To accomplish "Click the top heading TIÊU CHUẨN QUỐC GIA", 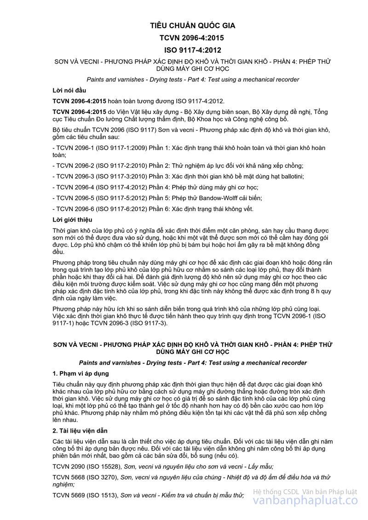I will pos(193,26).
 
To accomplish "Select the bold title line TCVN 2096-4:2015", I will pos(193,38).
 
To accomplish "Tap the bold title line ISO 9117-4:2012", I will pos(193,50).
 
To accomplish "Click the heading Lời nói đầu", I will pos(69,90).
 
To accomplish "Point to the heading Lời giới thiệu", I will pos(72,220).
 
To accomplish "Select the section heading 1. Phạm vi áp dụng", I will pos(80,373).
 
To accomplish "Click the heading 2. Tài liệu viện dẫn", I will pos(80,431).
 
